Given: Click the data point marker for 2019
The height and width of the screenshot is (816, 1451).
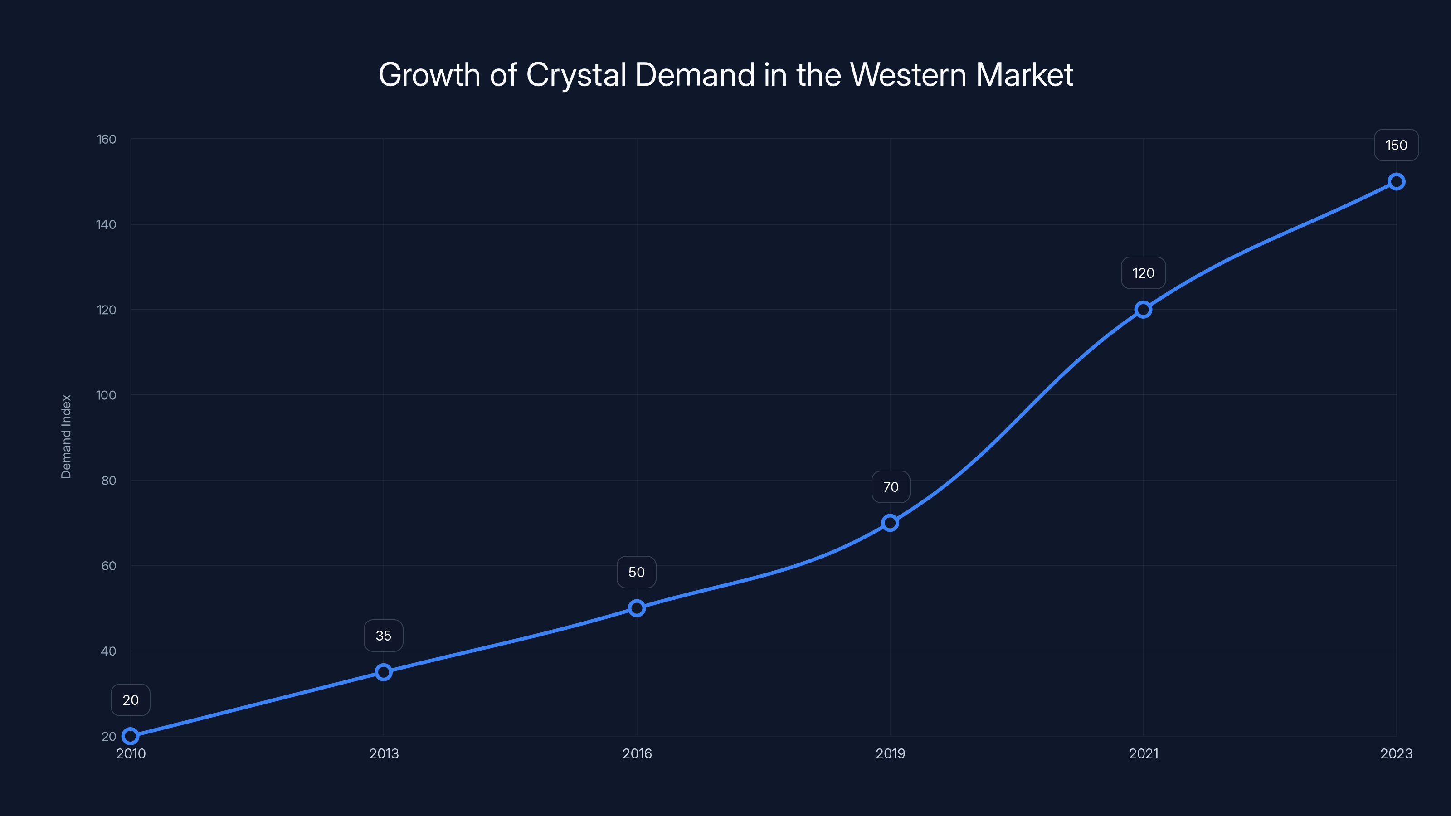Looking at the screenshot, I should tap(890, 523).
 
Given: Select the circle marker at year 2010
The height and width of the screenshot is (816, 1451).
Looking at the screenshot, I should tap(131, 736).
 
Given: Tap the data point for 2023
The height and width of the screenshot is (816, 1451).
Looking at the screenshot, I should tap(1397, 181).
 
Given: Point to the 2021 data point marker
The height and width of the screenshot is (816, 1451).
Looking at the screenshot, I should tap(1143, 310).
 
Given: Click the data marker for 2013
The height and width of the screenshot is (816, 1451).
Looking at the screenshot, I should tap(384, 672).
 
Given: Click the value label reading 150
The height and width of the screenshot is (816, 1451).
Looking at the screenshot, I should tap(1397, 145).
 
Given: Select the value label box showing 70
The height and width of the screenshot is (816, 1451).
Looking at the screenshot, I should tap(891, 487).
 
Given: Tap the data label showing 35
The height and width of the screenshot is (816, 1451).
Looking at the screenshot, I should tap(384, 636).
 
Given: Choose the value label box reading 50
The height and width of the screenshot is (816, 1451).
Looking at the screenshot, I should tap(637, 572).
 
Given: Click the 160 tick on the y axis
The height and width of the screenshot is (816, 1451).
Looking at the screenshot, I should tap(107, 139).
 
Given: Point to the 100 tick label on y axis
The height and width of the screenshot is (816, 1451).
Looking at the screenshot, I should tap(107, 395).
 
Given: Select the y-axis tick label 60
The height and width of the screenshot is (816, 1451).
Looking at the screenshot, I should tap(109, 566).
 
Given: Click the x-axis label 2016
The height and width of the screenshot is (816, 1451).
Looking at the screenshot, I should tap(637, 753).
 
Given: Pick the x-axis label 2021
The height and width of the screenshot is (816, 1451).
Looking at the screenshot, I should tap(1144, 753).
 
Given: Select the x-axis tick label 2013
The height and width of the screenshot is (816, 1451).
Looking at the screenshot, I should tap(384, 753).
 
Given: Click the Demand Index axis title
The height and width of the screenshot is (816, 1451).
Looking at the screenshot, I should tap(67, 437).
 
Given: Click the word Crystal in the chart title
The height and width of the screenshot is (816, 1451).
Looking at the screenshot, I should tap(576, 75).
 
